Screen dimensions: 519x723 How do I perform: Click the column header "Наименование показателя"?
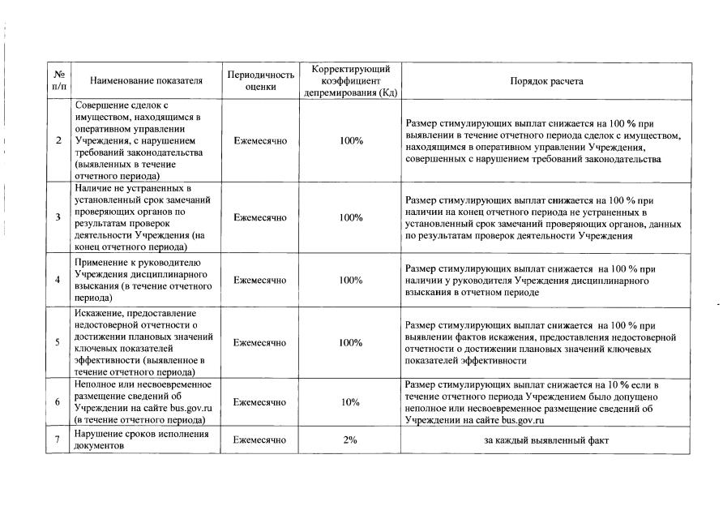point(146,81)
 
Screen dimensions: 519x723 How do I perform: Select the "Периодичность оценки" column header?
point(259,81)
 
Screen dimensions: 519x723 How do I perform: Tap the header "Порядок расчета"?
point(545,81)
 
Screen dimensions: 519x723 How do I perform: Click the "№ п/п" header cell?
point(58,81)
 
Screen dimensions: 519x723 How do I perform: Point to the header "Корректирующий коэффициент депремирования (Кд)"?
point(351,81)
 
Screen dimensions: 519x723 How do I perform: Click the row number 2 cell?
point(58,140)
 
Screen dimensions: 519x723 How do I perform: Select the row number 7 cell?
point(58,440)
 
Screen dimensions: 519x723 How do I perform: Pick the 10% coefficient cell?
point(351,402)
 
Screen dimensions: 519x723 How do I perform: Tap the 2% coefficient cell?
point(351,440)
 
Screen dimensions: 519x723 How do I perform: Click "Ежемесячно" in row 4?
point(259,280)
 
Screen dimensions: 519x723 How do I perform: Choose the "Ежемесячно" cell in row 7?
point(259,440)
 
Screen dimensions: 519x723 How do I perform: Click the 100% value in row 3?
point(351,217)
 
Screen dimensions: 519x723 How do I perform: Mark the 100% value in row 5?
point(351,342)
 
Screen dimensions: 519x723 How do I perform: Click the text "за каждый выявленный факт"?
point(545,440)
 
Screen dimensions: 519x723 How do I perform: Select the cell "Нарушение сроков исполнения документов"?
point(142,440)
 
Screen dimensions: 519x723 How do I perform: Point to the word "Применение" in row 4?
point(101,263)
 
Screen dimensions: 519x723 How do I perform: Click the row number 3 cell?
point(58,217)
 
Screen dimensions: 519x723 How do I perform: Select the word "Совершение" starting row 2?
point(101,105)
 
